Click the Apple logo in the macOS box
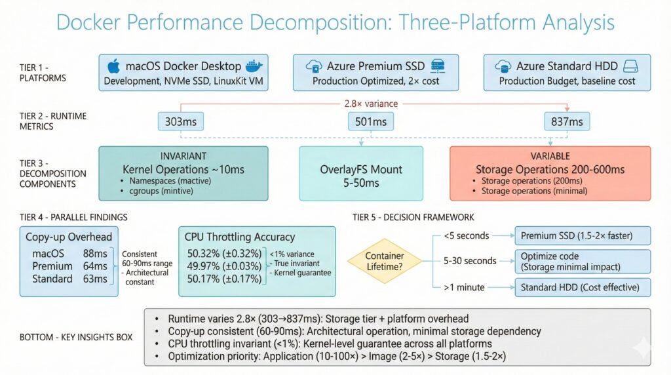114,66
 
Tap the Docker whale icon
252,66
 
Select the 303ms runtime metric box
180,121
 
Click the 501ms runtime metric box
362,121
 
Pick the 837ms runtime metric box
567,121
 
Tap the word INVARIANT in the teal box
183,157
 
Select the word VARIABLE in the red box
549,157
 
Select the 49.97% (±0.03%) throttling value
223,266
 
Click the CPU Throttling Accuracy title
240,237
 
